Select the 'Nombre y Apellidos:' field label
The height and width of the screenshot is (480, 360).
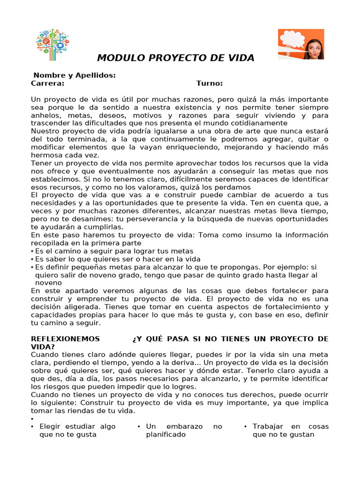(x=75, y=75)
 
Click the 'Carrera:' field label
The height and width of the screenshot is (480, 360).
(x=47, y=83)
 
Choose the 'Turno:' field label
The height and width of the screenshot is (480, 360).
(x=210, y=83)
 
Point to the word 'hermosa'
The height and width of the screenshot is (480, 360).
(x=46, y=155)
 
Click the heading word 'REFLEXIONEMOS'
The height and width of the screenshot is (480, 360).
(x=65, y=339)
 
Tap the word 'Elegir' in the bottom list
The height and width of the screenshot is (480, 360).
(x=51, y=427)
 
